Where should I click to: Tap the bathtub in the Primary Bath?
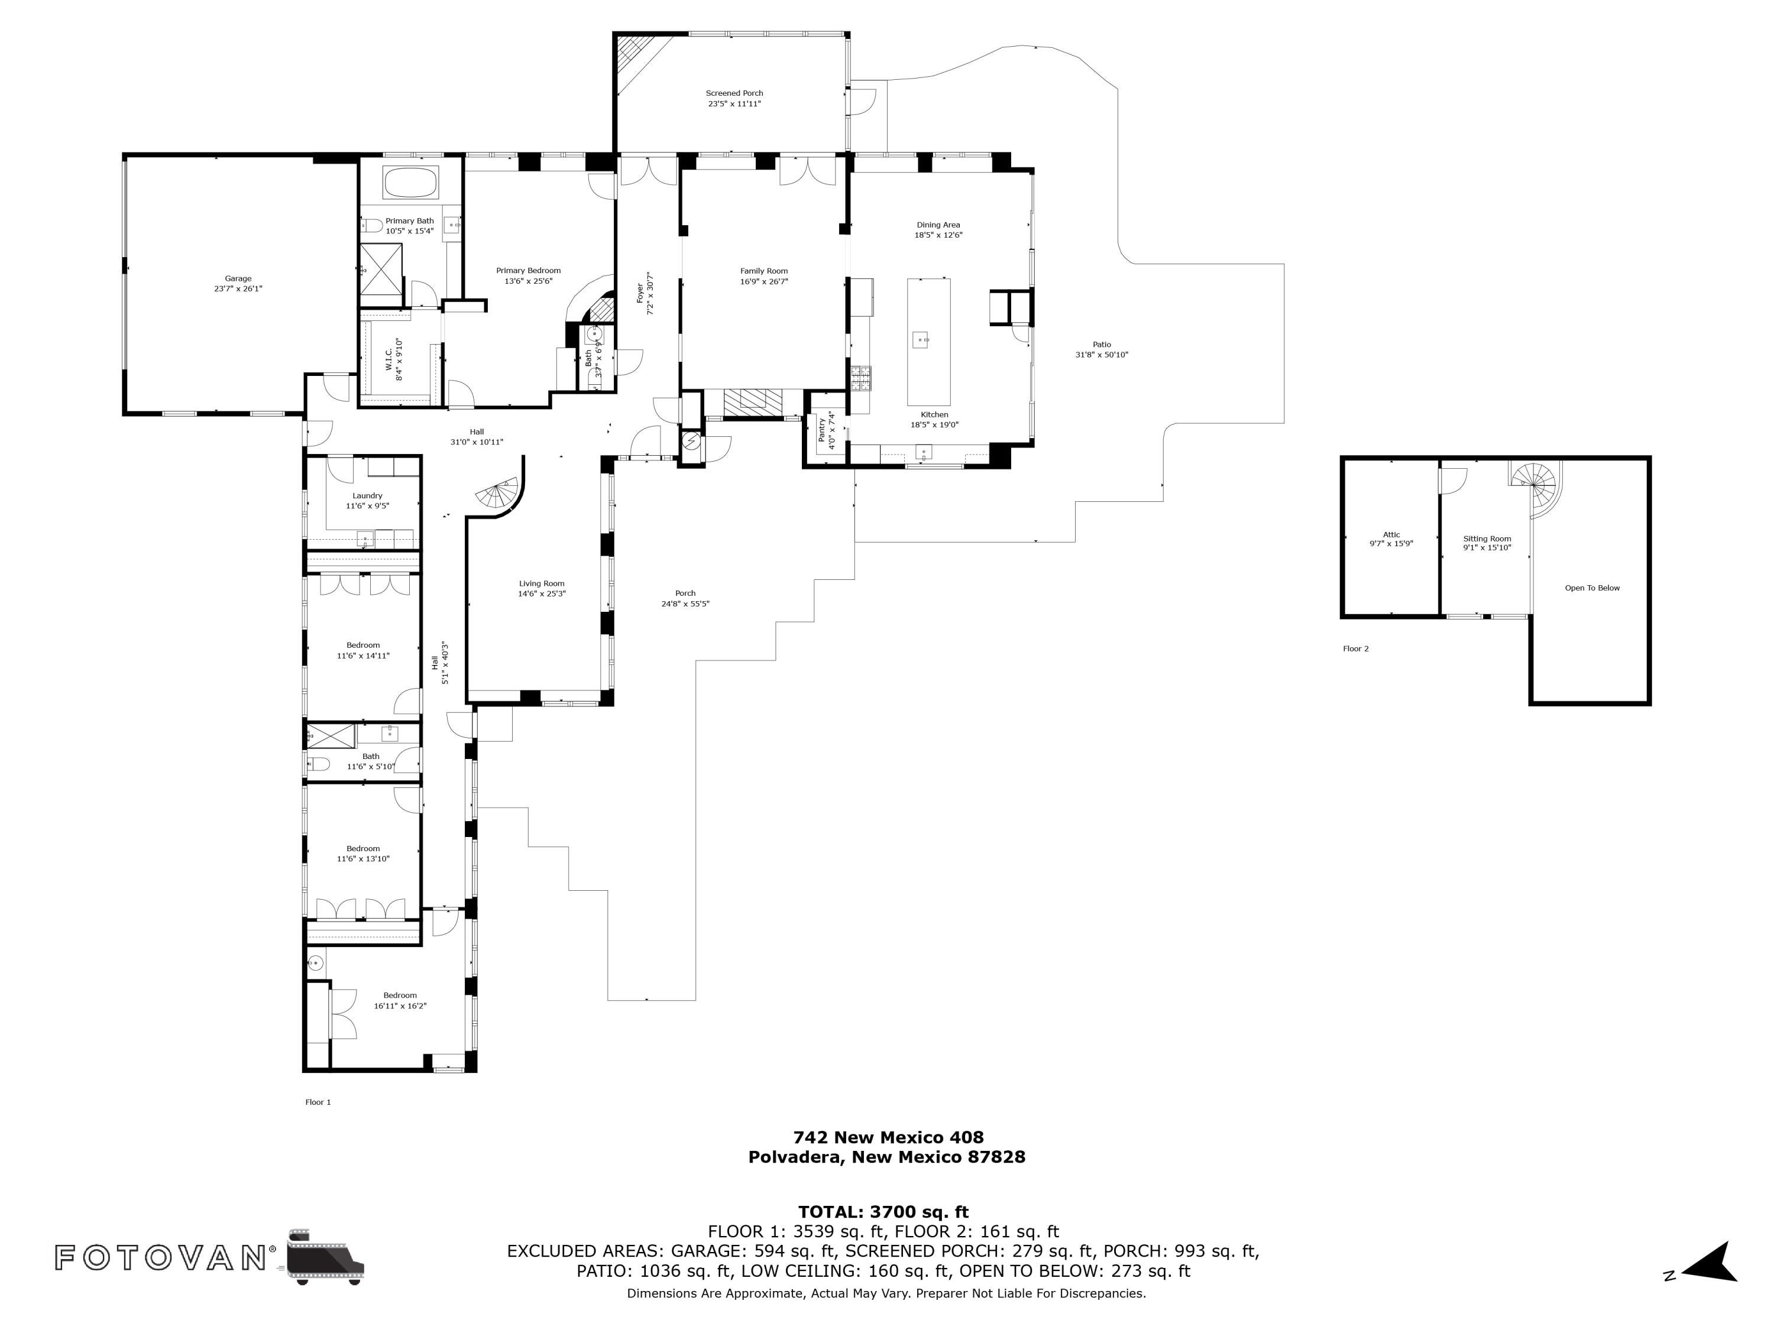coord(410,182)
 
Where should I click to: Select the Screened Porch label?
coord(734,93)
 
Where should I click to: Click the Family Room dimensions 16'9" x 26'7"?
coord(763,281)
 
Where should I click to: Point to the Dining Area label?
coord(938,225)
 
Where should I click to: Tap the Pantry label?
coord(822,430)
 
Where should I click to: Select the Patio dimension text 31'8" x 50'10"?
coord(1101,354)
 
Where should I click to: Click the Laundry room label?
coord(367,495)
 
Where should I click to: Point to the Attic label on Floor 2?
coord(1391,535)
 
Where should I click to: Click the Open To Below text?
coord(1592,588)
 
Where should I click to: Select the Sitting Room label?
coord(1487,539)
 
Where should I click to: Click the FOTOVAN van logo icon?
coord(325,1256)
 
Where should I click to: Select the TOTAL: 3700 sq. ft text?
coord(883,1212)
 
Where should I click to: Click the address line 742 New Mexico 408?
coord(888,1137)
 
